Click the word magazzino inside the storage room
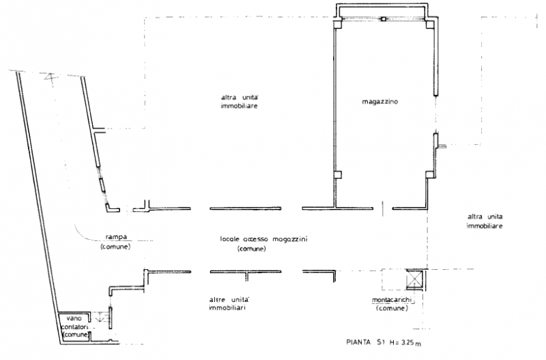[380, 102]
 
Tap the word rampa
[116, 237]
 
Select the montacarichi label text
[392, 300]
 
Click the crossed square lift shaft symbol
[415, 279]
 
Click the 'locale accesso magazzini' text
[263, 239]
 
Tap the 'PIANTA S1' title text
[365, 342]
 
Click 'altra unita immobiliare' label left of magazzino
[240, 102]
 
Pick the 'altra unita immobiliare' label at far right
[485, 221]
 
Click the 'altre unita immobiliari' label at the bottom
[229, 304]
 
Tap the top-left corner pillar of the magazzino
[338, 24]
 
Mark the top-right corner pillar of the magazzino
[430, 24]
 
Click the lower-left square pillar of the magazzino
[338, 175]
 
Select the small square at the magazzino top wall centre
[384, 19]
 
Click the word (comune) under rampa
[115, 247]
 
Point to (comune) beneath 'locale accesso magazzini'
[251, 249]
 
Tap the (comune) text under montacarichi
[392, 308]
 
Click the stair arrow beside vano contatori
[100, 317]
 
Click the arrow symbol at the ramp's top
[51, 77]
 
